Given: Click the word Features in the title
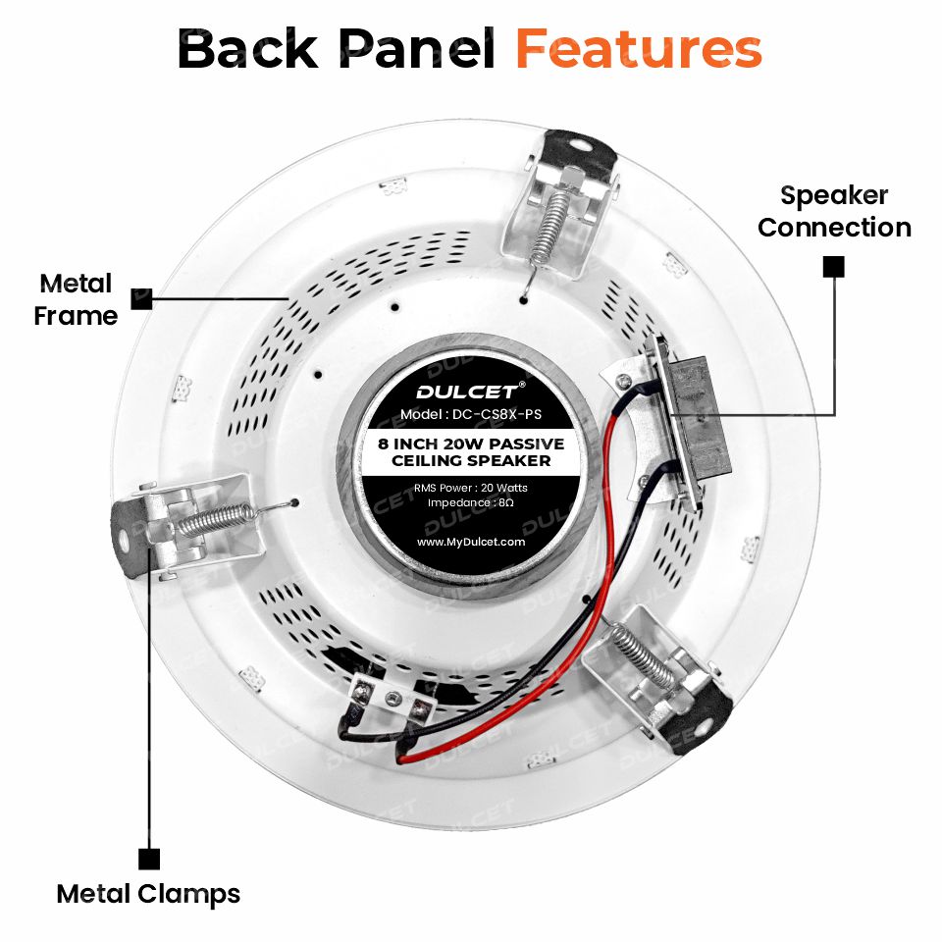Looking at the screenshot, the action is tap(639, 49).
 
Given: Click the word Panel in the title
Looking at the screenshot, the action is tap(417, 49).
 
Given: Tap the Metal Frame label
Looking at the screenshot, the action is tap(76, 300).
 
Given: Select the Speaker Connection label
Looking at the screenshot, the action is tap(834, 212).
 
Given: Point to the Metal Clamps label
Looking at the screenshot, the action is tap(148, 894).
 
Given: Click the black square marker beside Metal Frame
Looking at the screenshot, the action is tap(141, 298).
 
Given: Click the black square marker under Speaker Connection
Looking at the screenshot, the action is tap(833, 267).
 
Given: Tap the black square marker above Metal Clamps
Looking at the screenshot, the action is tap(149, 859).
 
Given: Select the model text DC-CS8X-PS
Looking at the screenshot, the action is tap(497, 414).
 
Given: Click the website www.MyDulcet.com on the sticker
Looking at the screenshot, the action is tap(471, 542).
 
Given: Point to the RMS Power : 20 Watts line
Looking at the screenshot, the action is tap(471, 488).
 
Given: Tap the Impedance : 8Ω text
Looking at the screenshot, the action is tap(471, 502).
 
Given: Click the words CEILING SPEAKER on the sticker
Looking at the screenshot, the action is tap(471, 461).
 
